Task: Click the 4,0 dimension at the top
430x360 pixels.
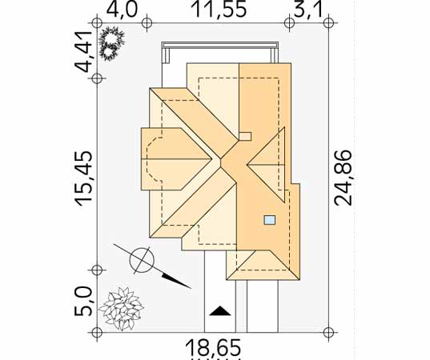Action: [x=122, y=10]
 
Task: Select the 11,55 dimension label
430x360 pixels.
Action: [x=220, y=10]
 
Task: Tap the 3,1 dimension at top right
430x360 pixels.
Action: [x=307, y=10]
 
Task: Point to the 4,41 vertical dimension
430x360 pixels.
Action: [x=83, y=51]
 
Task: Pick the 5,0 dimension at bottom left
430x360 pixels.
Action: [x=83, y=302]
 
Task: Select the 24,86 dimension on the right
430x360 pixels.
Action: [x=343, y=178]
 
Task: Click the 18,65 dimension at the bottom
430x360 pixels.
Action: [x=213, y=347]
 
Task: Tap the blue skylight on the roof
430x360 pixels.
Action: [x=270, y=220]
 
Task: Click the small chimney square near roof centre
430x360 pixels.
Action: [x=245, y=137]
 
